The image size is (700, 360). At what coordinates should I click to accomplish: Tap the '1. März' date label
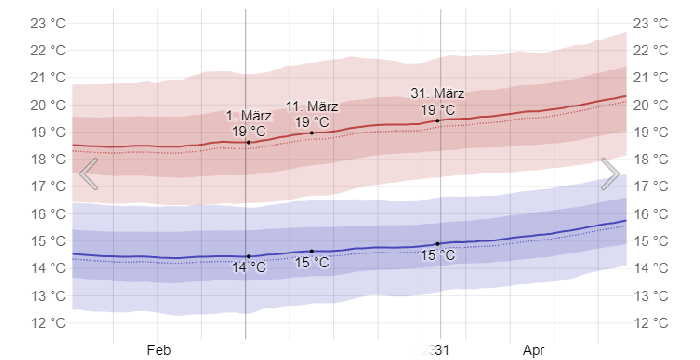248,115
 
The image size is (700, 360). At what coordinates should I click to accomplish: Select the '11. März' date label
312,106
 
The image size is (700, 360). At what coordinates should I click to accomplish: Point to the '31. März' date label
437,93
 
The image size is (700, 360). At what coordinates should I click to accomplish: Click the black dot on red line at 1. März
248,143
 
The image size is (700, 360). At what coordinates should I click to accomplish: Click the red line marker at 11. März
312,133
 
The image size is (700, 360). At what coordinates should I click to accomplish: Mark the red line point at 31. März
438,120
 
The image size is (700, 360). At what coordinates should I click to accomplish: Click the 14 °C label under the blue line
249,267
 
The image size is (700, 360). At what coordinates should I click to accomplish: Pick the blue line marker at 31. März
438,244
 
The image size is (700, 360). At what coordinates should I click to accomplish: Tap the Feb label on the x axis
159,350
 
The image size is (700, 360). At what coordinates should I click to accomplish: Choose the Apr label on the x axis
533,350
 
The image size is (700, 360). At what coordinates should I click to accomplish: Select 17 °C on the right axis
654,187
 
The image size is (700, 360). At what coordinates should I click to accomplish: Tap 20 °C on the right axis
654,105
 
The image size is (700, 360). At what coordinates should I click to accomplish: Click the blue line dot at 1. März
248,256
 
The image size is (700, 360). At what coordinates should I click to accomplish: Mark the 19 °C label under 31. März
437,109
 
